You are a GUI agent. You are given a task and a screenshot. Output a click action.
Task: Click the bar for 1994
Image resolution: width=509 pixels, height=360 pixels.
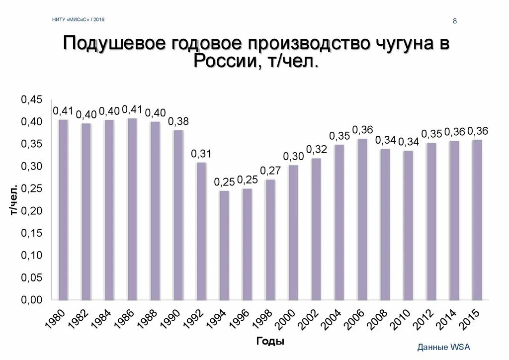coord(224,245)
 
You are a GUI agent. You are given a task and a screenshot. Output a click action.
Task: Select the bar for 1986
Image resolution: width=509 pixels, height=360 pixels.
coord(132,209)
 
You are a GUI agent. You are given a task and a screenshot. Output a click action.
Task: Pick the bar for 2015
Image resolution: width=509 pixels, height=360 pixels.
coord(477,220)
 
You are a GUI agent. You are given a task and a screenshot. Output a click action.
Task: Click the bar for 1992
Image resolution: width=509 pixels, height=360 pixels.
coord(201,231)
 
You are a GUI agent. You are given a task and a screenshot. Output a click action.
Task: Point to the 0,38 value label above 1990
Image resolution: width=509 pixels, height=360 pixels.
coord(178,122)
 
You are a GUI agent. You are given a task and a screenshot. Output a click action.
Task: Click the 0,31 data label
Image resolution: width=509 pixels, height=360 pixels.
coord(201,154)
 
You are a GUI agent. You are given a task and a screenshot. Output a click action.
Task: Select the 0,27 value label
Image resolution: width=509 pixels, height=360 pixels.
coord(271,171)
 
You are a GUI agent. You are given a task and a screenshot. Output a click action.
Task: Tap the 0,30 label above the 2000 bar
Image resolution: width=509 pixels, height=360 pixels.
coord(293,157)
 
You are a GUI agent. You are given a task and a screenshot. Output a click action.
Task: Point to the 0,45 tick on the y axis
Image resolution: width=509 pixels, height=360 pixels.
coord(31,99)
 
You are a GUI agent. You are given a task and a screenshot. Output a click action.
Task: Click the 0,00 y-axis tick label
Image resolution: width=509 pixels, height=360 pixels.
coord(31,300)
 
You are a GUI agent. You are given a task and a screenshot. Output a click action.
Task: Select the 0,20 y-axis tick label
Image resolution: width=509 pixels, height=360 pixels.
coord(31,211)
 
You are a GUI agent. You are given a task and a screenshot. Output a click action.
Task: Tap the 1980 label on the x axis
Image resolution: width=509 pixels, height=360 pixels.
coord(55,318)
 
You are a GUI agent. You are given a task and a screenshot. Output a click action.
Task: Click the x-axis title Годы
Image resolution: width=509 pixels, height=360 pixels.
coord(270,341)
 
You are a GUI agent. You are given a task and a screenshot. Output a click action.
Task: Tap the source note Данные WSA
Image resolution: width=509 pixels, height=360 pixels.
coord(443,347)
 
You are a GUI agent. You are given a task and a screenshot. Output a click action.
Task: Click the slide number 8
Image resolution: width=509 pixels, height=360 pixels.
coord(454,20)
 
